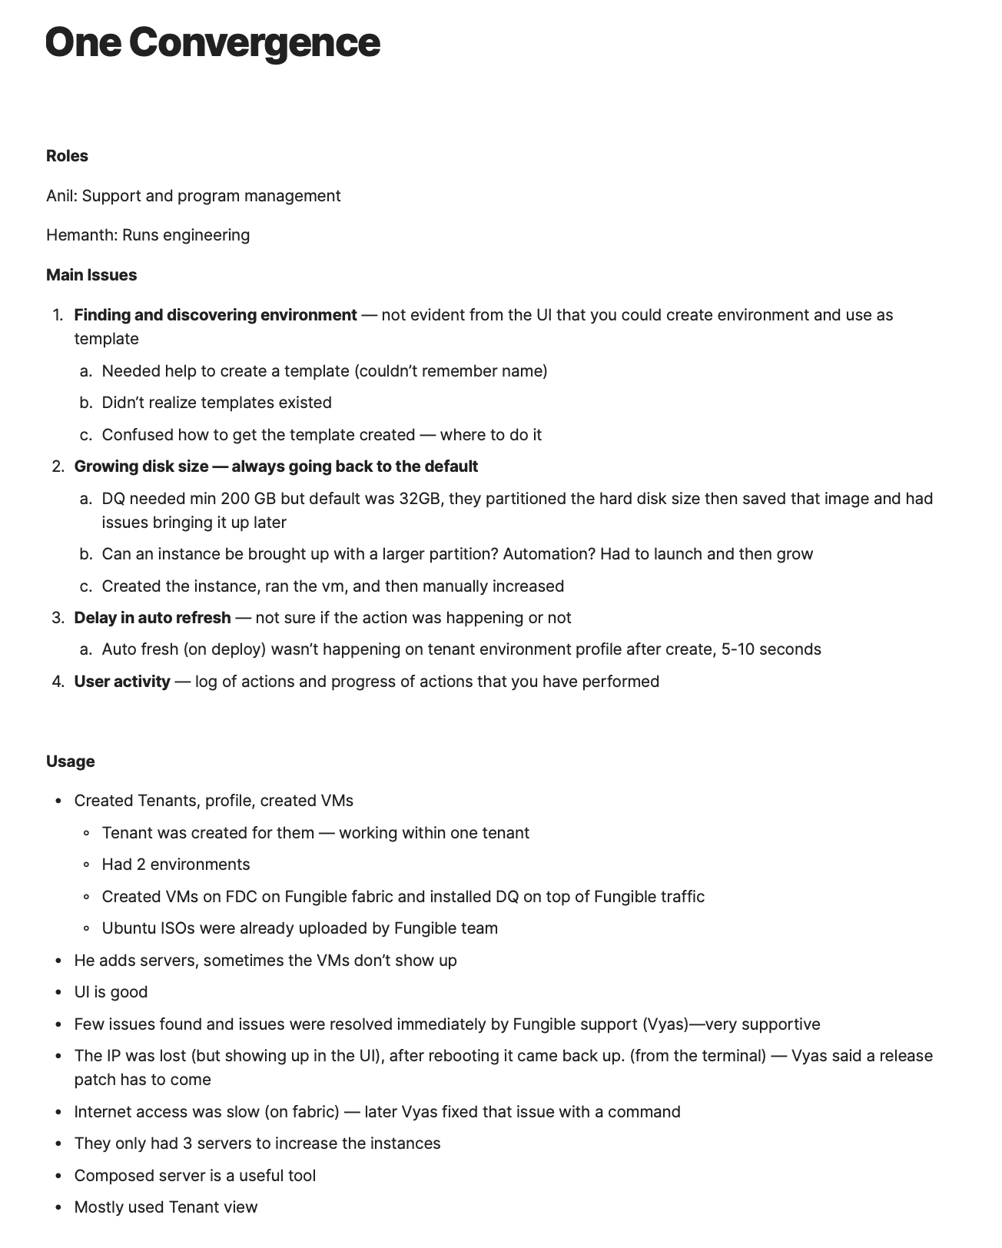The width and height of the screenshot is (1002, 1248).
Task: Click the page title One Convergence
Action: [213, 43]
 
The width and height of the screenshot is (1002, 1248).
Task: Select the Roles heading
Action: [67, 156]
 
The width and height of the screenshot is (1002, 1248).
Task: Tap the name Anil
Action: [60, 196]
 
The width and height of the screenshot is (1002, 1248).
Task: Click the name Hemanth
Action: [81, 235]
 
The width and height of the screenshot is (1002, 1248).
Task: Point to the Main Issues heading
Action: [91, 275]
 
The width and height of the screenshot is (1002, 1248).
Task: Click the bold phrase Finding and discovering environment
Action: [215, 315]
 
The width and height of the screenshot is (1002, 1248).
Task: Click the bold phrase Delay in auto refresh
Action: [152, 618]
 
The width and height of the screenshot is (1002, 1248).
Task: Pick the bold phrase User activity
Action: [122, 682]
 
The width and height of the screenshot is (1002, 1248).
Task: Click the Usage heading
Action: [71, 762]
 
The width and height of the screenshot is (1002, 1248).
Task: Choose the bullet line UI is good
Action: [111, 992]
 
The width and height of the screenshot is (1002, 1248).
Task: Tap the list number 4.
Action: [58, 682]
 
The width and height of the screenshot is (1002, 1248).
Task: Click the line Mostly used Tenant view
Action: [166, 1207]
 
